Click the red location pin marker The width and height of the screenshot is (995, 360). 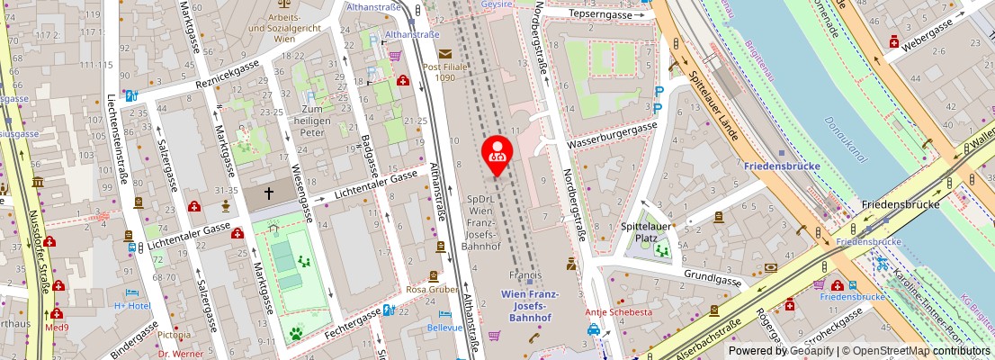point(497,153)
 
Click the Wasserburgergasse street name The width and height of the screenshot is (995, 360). point(611,138)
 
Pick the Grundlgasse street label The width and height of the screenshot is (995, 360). point(712,279)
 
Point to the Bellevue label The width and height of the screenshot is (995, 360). point(444,328)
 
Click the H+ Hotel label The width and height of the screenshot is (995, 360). point(133,305)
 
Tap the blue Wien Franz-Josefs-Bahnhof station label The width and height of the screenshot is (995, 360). point(530,307)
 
